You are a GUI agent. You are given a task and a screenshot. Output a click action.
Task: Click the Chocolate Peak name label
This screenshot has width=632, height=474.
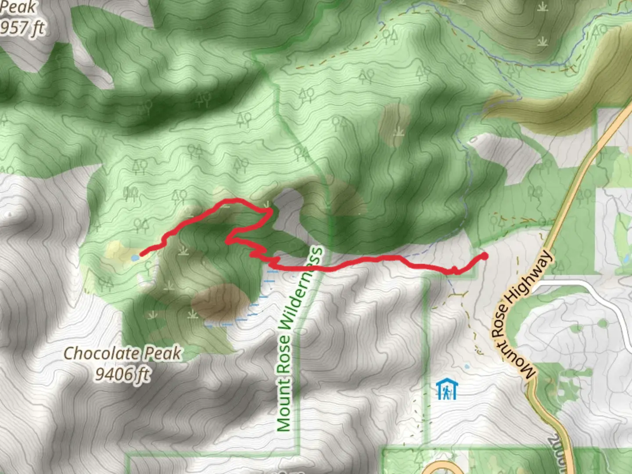[x=122, y=354]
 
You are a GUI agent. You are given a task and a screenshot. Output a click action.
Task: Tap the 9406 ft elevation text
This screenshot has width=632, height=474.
[x=122, y=374]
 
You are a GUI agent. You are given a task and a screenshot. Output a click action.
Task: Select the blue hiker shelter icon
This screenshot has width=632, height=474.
[x=447, y=389]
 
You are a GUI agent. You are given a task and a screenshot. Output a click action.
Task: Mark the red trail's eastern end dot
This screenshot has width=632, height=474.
[x=485, y=256]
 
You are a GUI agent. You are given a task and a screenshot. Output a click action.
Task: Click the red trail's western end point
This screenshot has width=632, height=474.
[x=141, y=254]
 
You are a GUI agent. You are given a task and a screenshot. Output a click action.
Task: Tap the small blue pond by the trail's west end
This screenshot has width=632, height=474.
[x=134, y=258]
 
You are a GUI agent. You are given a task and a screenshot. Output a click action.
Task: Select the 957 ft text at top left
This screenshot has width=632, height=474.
[x=22, y=28]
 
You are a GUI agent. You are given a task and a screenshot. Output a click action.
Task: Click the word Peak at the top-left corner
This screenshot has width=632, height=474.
[x=18, y=7]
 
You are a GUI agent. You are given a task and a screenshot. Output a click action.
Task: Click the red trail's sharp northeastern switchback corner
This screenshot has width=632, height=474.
[x=270, y=212]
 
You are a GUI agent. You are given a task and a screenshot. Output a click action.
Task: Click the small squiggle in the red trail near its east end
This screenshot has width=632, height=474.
[x=455, y=269]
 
